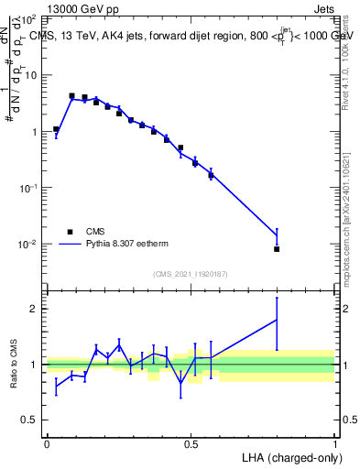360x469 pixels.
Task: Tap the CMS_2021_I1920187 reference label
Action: pyautogui.click(x=190, y=274)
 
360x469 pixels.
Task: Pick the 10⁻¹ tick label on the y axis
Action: pyautogui.click(x=28, y=188)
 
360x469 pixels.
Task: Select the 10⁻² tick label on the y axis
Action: pyautogui.click(x=28, y=245)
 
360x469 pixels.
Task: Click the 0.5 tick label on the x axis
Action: pyautogui.click(x=191, y=444)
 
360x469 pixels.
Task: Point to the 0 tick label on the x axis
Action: pyautogui.click(x=47, y=444)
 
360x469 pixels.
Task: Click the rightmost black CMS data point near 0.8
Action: pyautogui.click(x=277, y=249)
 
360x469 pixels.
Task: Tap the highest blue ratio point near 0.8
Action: pyautogui.click(x=277, y=320)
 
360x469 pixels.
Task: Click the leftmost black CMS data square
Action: pyautogui.click(x=56, y=129)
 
